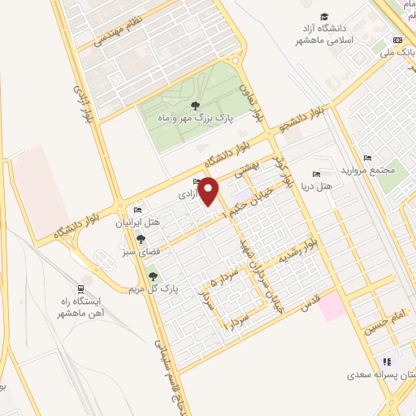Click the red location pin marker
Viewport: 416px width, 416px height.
[209, 191]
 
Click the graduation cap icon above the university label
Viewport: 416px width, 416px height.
[325, 17]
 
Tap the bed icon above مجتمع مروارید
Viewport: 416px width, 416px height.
[369, 158]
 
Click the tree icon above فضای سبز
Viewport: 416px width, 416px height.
[142, 240]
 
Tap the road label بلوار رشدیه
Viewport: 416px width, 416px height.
[300, 251]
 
